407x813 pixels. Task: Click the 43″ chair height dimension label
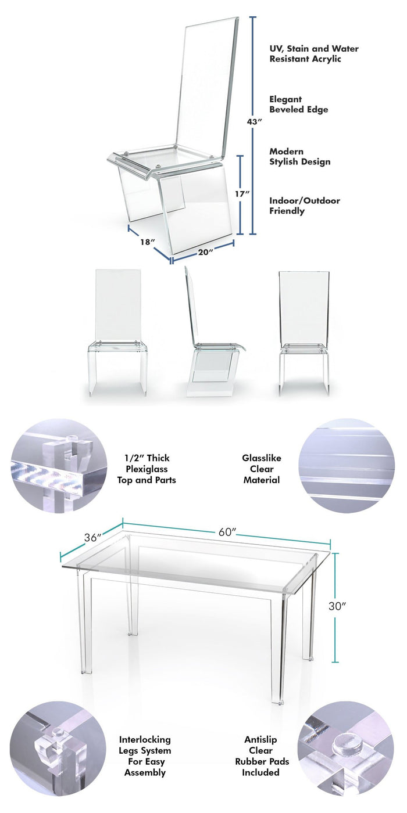click(x=255, y=121)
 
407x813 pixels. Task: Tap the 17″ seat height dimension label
click(x=242, y=194)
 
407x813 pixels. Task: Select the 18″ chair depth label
click(x=148, y=242)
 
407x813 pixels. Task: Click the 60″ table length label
click(x=227, y=532)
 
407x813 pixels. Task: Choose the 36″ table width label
click(x=92, y=538)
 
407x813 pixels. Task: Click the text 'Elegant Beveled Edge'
click(x=298, y=105)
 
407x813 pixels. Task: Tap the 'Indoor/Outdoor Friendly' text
click(x=305, y=206)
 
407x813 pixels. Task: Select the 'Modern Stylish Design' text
click(x=300, y=157)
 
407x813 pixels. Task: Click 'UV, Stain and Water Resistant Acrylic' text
click(x=314, y=53)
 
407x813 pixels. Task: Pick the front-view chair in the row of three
click(x=117, y=332)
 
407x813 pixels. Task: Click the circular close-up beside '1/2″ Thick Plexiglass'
click(x=59, y=466)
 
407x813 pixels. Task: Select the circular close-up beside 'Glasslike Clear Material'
click(x=347, y=466)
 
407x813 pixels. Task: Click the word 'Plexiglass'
click(x=147, y=469)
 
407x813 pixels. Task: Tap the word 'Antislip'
click(x=260, y=739)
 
